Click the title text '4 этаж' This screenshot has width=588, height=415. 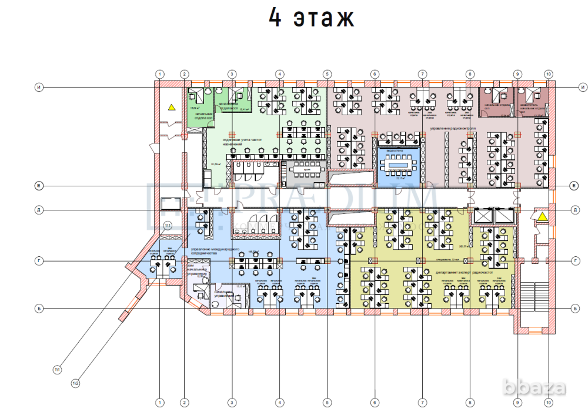click(312, 19)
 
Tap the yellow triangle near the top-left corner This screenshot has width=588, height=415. click(171, 107)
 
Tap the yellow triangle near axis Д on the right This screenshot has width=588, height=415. click(542, 217)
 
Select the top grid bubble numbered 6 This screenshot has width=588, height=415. click(375, 74)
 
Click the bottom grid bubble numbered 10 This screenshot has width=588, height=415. click(548, 402)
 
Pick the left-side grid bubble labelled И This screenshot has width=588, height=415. click(38, 87)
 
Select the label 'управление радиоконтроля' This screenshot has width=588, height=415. click(452, 128)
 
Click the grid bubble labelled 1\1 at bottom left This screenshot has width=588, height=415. click(57, 370)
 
